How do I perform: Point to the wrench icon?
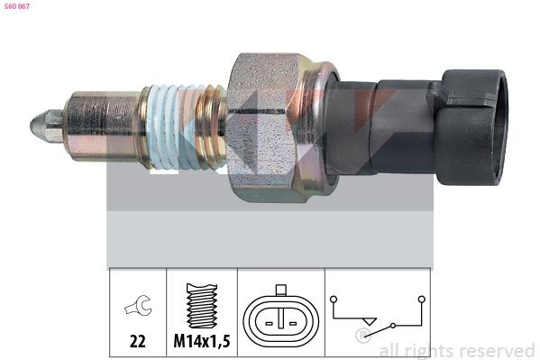[x=138, y=306]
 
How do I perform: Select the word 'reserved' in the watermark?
[x=496, y=350]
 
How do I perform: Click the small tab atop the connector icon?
[x=280, y=291]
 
